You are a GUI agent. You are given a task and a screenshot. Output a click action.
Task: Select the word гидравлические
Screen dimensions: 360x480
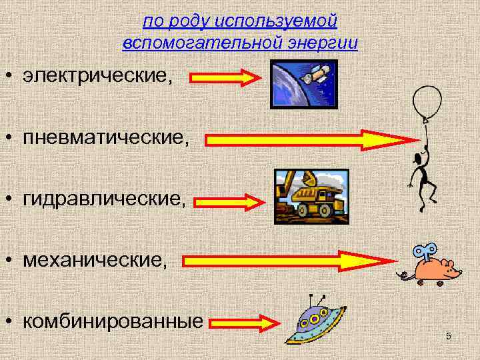103,200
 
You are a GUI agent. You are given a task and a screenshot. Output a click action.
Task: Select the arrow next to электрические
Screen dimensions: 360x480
227,77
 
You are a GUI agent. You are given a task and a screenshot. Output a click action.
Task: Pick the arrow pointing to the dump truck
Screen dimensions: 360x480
233,201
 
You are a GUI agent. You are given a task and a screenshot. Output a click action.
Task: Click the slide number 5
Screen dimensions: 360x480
449,336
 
